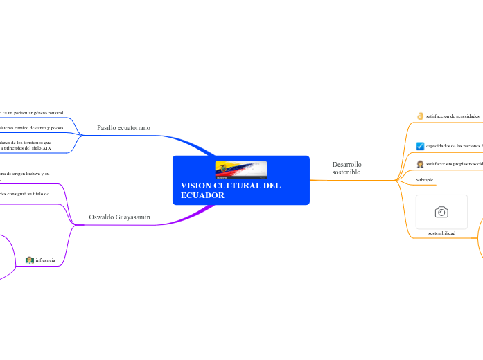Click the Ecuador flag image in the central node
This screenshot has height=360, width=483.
tap(240, 170)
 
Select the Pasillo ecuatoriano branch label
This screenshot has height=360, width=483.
tap(123, 128)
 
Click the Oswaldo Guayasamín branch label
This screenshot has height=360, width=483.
tap(119, 217)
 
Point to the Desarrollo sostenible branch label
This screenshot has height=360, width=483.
tap(346, 168)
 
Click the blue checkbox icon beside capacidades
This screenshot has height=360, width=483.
tap(420, 146)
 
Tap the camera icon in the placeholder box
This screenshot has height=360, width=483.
tap(441, 212)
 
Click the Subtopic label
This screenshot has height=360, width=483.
tap(425, 180)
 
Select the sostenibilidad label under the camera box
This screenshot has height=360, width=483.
tap(441, 233)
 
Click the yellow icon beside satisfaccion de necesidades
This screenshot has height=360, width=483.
tap(420, 116)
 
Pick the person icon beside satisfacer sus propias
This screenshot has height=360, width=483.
tap(420, 164)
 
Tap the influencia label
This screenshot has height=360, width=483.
tap(45, 260)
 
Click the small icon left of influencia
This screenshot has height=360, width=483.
tap(29, 260)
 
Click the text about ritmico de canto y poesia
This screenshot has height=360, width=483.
tap(32, 128)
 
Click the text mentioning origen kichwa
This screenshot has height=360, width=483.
tap(25, 174)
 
